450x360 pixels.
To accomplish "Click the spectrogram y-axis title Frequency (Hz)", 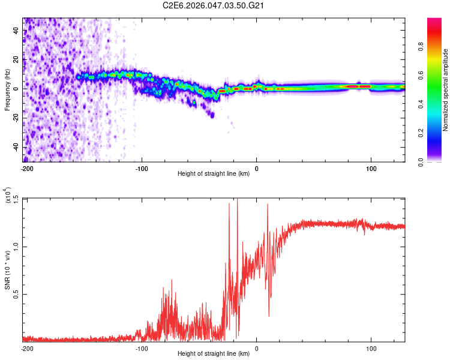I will pyautogui.click(x=7, y=90).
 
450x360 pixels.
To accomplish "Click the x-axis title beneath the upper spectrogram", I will pyautogui.click(x=214, y=174).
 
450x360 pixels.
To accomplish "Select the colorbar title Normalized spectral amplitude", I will pyautogui.click(x=446, y=90).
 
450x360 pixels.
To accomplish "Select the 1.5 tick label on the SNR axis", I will pyautogui.click(x=16, y=199).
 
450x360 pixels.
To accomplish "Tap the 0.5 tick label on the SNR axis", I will pyautogui.click(x=16, y=294).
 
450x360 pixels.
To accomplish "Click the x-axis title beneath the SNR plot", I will pyautogui.click(x=214, y=354).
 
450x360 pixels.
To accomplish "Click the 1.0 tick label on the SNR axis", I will pyautogui.click(x=16, y=247).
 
